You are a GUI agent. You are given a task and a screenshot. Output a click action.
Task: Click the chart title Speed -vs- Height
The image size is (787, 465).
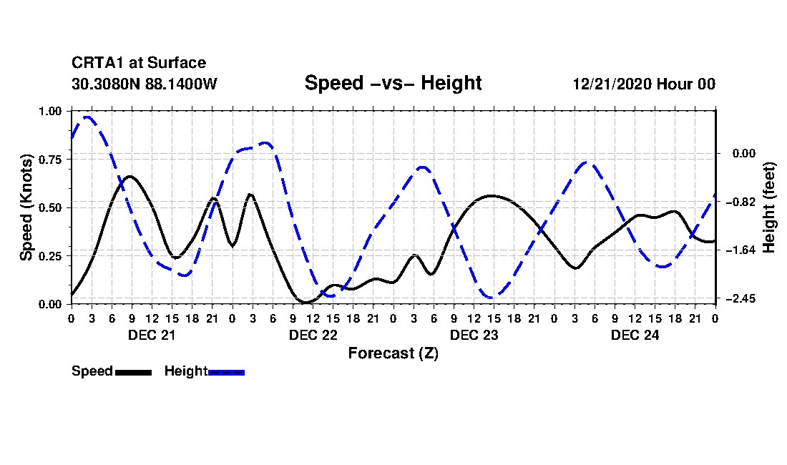tap(393, 83)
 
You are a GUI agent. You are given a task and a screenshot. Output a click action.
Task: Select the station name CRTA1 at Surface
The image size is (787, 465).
tap(138, 63)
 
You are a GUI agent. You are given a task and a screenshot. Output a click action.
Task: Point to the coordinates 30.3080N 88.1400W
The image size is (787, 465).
tap(144, 84)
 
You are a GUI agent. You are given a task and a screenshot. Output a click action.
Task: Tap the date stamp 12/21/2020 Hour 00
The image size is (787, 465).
tap(644, 84)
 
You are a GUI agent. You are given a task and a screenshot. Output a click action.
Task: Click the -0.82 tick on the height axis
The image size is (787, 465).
tap(735, 202)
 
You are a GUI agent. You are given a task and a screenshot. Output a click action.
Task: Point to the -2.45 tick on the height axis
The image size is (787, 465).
tap(735, 298)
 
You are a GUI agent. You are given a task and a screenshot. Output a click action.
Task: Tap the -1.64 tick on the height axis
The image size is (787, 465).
tap(735, 250)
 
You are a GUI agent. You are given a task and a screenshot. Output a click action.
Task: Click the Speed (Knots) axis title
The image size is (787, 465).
tap(26, 207)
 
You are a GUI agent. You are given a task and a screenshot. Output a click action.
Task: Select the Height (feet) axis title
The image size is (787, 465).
tap(770, 207)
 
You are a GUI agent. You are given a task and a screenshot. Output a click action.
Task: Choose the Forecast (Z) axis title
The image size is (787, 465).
tap(393, 353)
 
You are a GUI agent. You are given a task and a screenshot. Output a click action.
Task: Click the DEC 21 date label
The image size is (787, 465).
tap(151, 335)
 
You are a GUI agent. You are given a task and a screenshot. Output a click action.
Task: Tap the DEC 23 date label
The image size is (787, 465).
tap(474, 335)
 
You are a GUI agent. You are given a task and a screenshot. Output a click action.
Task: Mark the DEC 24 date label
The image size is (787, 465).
tap(635, 335)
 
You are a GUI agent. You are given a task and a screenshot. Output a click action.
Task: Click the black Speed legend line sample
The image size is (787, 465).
tap(133, 372)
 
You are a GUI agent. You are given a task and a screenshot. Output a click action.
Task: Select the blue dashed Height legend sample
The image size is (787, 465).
tap(226, 372)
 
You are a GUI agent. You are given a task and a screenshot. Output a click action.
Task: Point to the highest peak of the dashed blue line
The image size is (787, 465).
tap(87, 117)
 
